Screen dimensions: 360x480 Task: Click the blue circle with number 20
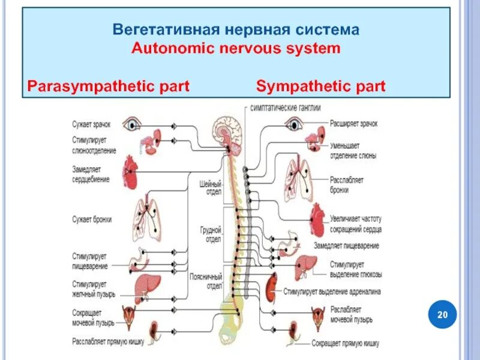[x=443, y=314]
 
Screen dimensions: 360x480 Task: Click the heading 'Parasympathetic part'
[x=109, y=86]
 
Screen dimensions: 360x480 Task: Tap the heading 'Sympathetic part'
[x=320, y=86]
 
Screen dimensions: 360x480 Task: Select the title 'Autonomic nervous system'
[x=236, y=49]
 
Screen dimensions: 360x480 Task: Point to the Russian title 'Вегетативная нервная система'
[x=236, y=29]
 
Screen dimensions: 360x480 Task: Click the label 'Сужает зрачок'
[x=91, y=124]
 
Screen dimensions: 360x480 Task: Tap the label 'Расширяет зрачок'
[x=354, y=124]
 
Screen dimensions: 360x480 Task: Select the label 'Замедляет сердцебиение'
[x=91, y=175]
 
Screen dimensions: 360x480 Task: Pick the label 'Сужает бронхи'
[x=92, y=220]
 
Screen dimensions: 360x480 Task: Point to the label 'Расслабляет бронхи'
[x=347, y=184]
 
